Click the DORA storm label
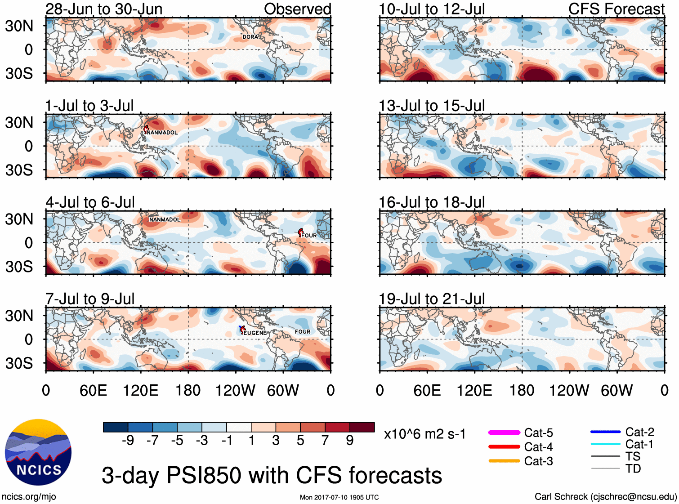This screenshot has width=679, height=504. pyautogui.click(x=250, y=37)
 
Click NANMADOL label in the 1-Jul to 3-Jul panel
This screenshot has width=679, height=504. pyautogui.click(x=162, y=133)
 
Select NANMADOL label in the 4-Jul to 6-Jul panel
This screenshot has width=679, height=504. pyautogui.click(x=165, y=219)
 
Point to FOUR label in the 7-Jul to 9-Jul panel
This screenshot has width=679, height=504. pyautogui.click(x=303, y=331)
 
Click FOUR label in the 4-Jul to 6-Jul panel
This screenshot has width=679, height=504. pyautogui.click(x=309, y=235)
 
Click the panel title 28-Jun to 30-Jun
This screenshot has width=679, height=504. pyautogui.click(x=104, y=9)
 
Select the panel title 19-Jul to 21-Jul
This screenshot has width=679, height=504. pyautogui.click(x=432, y=299)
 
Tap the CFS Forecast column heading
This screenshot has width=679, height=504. pyautogui.click(x=616, y=9)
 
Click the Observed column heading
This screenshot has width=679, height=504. pyautogui.click(x=297, y=9)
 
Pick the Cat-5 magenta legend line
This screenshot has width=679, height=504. pyautogui.click(x=504, y=433)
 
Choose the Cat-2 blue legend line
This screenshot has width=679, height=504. pyautogui.click(x=605, y=432)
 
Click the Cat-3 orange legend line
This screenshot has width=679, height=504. pyautogui.click(x=504, y=461)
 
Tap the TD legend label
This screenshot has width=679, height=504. pyautogui.click(x=633, y=468)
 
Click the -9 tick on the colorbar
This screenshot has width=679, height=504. pyautogui.click(x=128, y=440)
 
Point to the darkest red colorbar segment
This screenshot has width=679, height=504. pyautogui.click(x=362, y=427)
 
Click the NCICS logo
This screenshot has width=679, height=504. pyautogui.click(x=38, y=452)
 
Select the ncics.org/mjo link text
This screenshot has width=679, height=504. pyautogui.click(x=29, y=496)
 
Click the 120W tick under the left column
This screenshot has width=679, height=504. pyautogui.click(x=235, y=390)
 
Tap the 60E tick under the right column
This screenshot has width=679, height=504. pyautogui.click(x=427, y=390)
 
